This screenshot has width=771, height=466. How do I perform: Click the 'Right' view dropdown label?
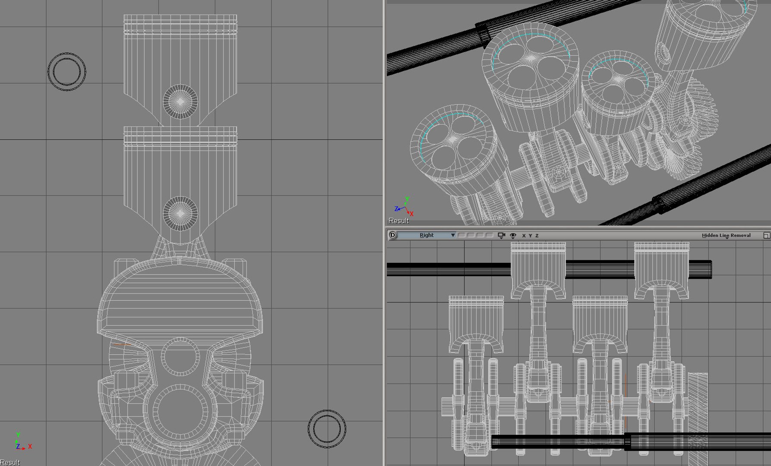tap(426, 235)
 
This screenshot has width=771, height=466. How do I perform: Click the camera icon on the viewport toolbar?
tap(501, 235)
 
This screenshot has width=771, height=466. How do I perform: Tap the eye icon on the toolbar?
tap(513, 236)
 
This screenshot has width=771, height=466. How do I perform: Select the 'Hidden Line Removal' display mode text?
tap(726, 235)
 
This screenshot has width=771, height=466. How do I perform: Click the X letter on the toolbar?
tap(524, 236)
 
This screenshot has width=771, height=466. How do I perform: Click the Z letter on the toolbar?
tap(537, 236)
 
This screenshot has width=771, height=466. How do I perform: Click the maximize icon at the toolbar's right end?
tap(766, 235)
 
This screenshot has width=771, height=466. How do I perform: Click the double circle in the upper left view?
tap(66, 72)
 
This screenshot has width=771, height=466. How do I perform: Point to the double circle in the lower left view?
tap(327, 429)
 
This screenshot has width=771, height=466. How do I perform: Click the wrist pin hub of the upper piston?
tap(180, 101)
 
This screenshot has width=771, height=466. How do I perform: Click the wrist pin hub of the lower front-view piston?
tap(180, 213)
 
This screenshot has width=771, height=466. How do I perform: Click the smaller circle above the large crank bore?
tap(180, 357)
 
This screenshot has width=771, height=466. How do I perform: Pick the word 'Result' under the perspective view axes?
tap(398, 221)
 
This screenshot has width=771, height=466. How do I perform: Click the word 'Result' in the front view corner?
tap(10, 462)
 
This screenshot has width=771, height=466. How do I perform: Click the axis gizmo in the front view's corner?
tap(20, 443)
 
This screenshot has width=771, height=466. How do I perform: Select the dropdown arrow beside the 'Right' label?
tap(452, 235)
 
